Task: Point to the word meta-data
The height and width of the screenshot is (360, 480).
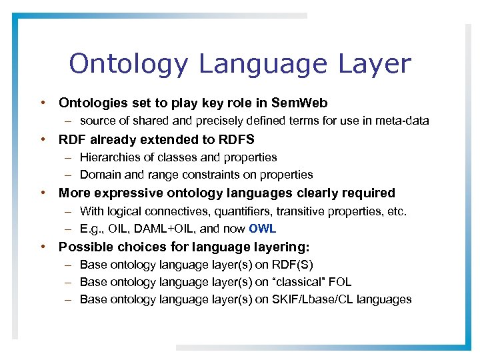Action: (x=403, y=121)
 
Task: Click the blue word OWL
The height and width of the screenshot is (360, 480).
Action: (x=262, y=229)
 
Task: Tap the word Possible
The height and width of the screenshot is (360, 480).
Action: (x=81, y=247)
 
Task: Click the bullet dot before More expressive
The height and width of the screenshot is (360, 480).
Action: (x=43, y=193)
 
